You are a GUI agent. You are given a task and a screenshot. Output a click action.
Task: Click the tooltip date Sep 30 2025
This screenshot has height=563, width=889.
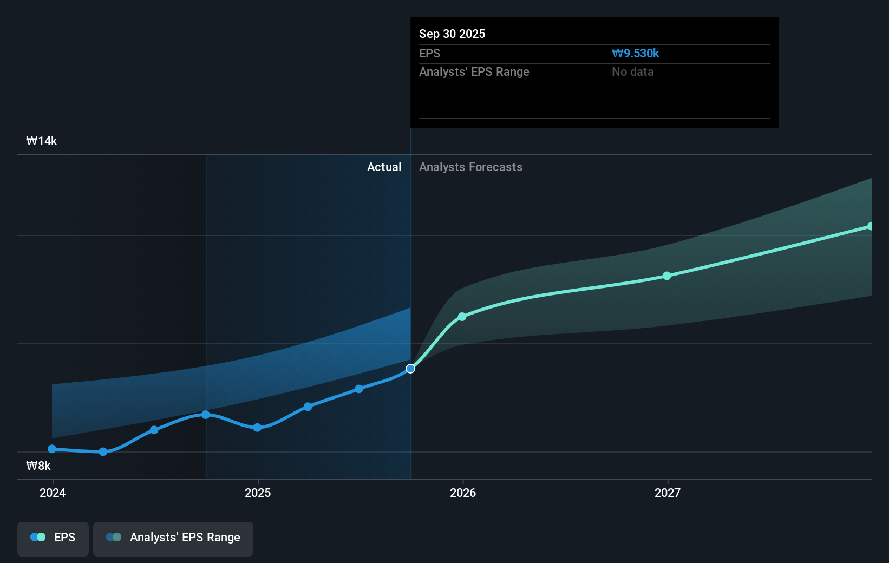point(452,34)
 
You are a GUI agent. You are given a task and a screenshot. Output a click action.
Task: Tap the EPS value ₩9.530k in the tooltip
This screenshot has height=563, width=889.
point(635,53)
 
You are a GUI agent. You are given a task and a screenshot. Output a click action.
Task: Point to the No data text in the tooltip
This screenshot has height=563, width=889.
point(632,71)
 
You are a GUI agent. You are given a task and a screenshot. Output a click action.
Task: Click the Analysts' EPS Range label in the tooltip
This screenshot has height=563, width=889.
point(474,71)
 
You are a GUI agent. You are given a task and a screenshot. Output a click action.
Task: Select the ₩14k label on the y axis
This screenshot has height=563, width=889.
point(42,141)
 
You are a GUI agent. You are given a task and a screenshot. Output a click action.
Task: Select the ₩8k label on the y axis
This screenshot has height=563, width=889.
point(38,466)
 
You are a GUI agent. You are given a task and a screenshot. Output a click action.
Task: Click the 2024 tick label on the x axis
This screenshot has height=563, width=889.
point(53,493)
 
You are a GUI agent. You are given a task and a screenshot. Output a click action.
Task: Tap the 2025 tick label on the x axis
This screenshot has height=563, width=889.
point(258,493)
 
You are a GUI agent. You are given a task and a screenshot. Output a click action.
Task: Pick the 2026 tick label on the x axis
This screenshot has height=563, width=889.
point(463,493)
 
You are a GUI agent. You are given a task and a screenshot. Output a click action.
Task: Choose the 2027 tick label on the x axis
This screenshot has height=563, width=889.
point(668,493)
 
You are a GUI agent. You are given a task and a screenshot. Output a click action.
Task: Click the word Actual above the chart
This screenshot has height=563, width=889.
point(384,167)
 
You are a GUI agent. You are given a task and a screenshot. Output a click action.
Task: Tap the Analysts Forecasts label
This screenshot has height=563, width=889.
point(470,167)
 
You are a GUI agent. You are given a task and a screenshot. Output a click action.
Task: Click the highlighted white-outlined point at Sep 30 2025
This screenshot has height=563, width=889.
point(410,369)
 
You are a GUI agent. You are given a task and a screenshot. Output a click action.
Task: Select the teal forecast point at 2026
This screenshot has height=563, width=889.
point(462,317)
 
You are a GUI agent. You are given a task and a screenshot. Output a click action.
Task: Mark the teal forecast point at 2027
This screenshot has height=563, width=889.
point(667,276)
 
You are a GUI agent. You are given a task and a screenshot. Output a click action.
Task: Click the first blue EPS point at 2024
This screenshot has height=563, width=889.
point(52,449)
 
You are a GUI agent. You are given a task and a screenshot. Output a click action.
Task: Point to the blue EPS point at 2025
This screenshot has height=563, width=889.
point(257,428)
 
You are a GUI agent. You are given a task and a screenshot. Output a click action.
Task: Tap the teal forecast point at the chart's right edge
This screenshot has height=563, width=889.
point(870,226)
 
